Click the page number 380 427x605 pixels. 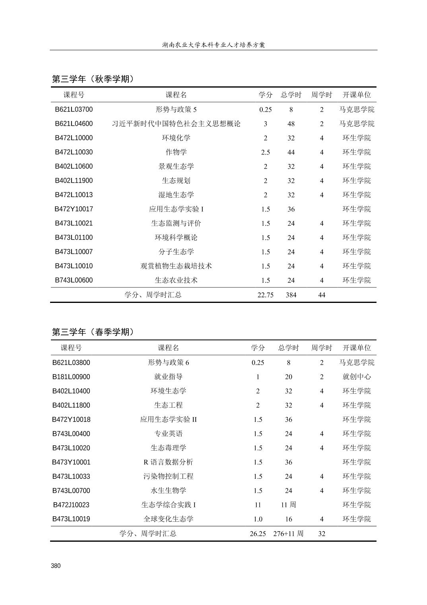56,566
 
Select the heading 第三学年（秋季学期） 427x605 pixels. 93,79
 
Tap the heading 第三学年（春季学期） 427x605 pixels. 93,332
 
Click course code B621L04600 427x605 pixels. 74,124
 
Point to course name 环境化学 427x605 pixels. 176,138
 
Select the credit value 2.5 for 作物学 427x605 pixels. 266,152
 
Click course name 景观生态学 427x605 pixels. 176,166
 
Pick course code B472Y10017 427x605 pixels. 74,209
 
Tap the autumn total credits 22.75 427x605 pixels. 266,295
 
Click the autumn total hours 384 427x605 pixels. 291,295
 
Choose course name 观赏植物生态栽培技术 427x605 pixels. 176,266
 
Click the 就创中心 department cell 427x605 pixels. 357,377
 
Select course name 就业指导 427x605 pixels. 169,377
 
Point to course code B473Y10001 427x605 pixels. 71,462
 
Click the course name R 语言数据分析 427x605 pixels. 169,462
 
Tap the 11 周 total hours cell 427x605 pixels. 288,505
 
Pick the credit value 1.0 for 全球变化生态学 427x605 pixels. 258,519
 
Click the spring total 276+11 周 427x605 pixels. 288,534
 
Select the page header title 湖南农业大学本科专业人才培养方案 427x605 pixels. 213,45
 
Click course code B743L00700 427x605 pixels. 71,491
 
